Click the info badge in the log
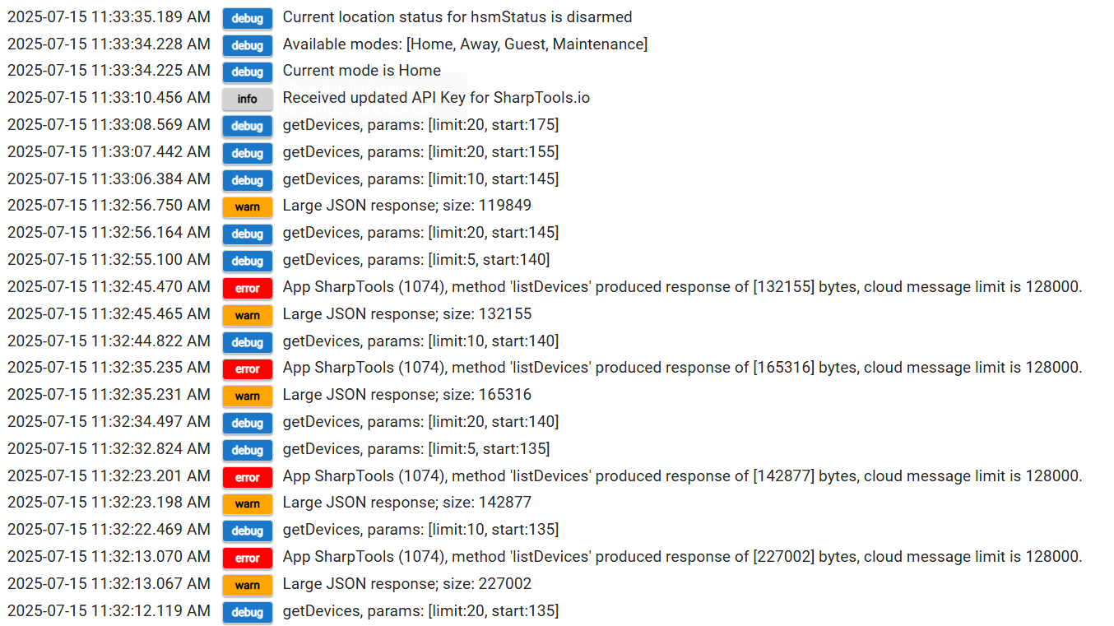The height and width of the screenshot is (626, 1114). click(247, 99)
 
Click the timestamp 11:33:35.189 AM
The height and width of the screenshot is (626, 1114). click(109, 17)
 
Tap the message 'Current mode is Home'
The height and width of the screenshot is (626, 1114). click(361, 72)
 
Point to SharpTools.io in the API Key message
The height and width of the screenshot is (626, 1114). click(541, 99)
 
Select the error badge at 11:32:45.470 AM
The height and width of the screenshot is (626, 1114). click(247, 288)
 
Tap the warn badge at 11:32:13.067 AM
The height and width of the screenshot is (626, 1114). click(247, 585)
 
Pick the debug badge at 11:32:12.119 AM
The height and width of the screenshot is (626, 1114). click(247, 612)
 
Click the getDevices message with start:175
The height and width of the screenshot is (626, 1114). click(420, 126)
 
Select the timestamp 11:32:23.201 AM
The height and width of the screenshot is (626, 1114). click(109, 477)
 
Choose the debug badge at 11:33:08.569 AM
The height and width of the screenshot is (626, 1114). click(247, 126)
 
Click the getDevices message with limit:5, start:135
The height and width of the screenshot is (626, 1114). click(415, 450)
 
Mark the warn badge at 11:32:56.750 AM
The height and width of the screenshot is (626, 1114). click(247, 206)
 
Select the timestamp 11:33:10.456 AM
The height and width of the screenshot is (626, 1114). click(109, 99)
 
